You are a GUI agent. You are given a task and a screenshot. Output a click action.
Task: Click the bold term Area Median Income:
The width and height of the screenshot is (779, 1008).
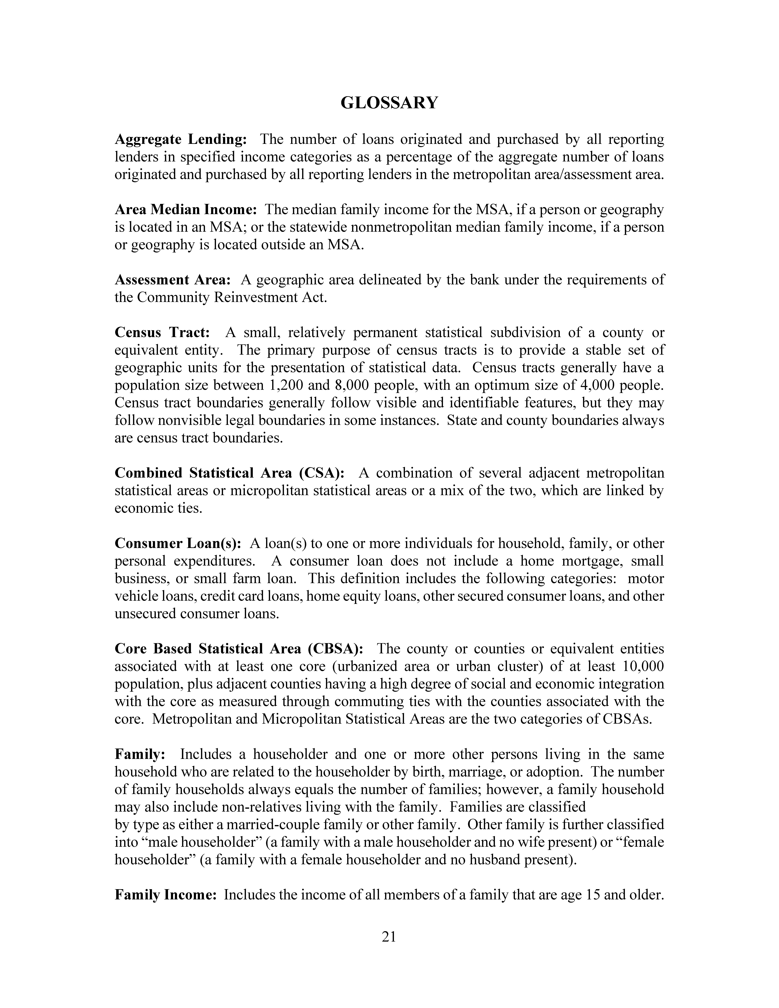(186, 210)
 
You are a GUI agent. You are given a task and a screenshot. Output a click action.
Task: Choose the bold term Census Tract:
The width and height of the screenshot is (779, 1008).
(163, 332)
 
